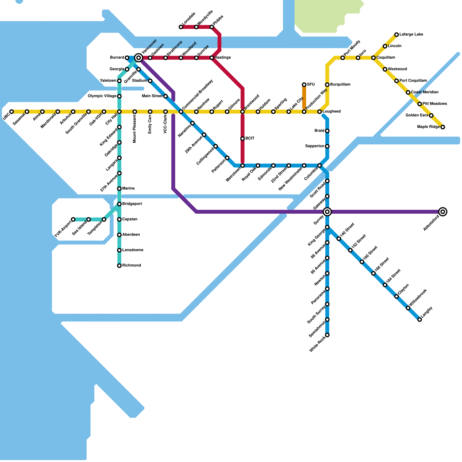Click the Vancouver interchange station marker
coord(139,58)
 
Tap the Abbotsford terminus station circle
coord(443,212)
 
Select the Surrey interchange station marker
coord(327,212)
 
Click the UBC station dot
coord(12,112)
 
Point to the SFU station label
coord(311,85)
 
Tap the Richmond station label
coord(131,265)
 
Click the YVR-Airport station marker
coord(73,219)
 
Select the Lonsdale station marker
coord(181,27)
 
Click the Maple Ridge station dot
coord(443,127)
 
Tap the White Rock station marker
coord(327,335)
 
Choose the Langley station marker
coord(420,320)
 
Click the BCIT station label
coord(250,139)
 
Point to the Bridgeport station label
coord(132,204)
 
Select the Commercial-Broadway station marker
coord(181,112)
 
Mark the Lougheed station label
coord(331,111)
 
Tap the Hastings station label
coord(223,58)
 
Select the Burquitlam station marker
coord(327,85)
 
